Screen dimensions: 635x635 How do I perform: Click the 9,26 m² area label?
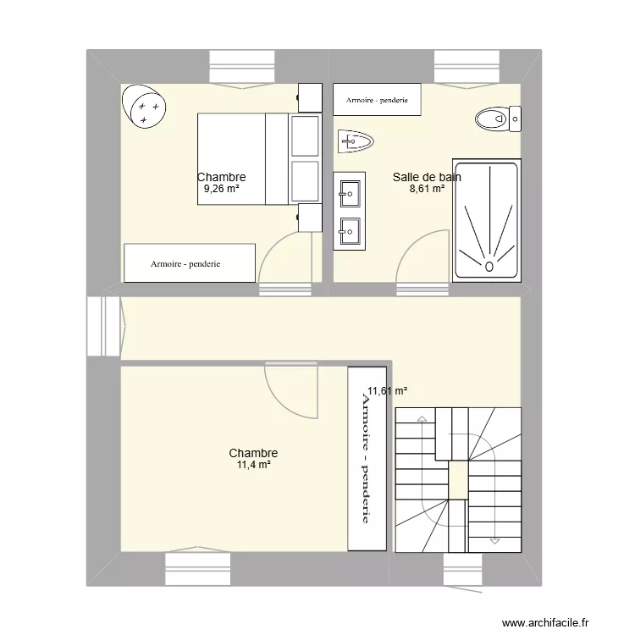click(221, 190)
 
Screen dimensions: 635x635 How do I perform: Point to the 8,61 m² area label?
click(427, 190)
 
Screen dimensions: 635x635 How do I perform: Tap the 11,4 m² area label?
click(253, 466)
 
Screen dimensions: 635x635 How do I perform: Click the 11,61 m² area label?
click(387, 391)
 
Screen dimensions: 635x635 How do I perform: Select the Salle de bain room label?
click(427, 177)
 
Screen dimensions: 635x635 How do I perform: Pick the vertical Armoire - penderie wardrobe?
click(367, 458)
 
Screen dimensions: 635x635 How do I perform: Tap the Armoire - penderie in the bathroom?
click(377, 100)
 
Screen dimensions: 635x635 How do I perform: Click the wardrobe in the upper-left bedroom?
click(190, 263)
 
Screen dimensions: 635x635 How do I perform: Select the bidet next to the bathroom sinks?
click(355, 141)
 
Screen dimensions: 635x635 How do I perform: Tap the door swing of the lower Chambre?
click(292, 391)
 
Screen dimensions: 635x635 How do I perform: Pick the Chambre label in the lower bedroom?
click(253, 454)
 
